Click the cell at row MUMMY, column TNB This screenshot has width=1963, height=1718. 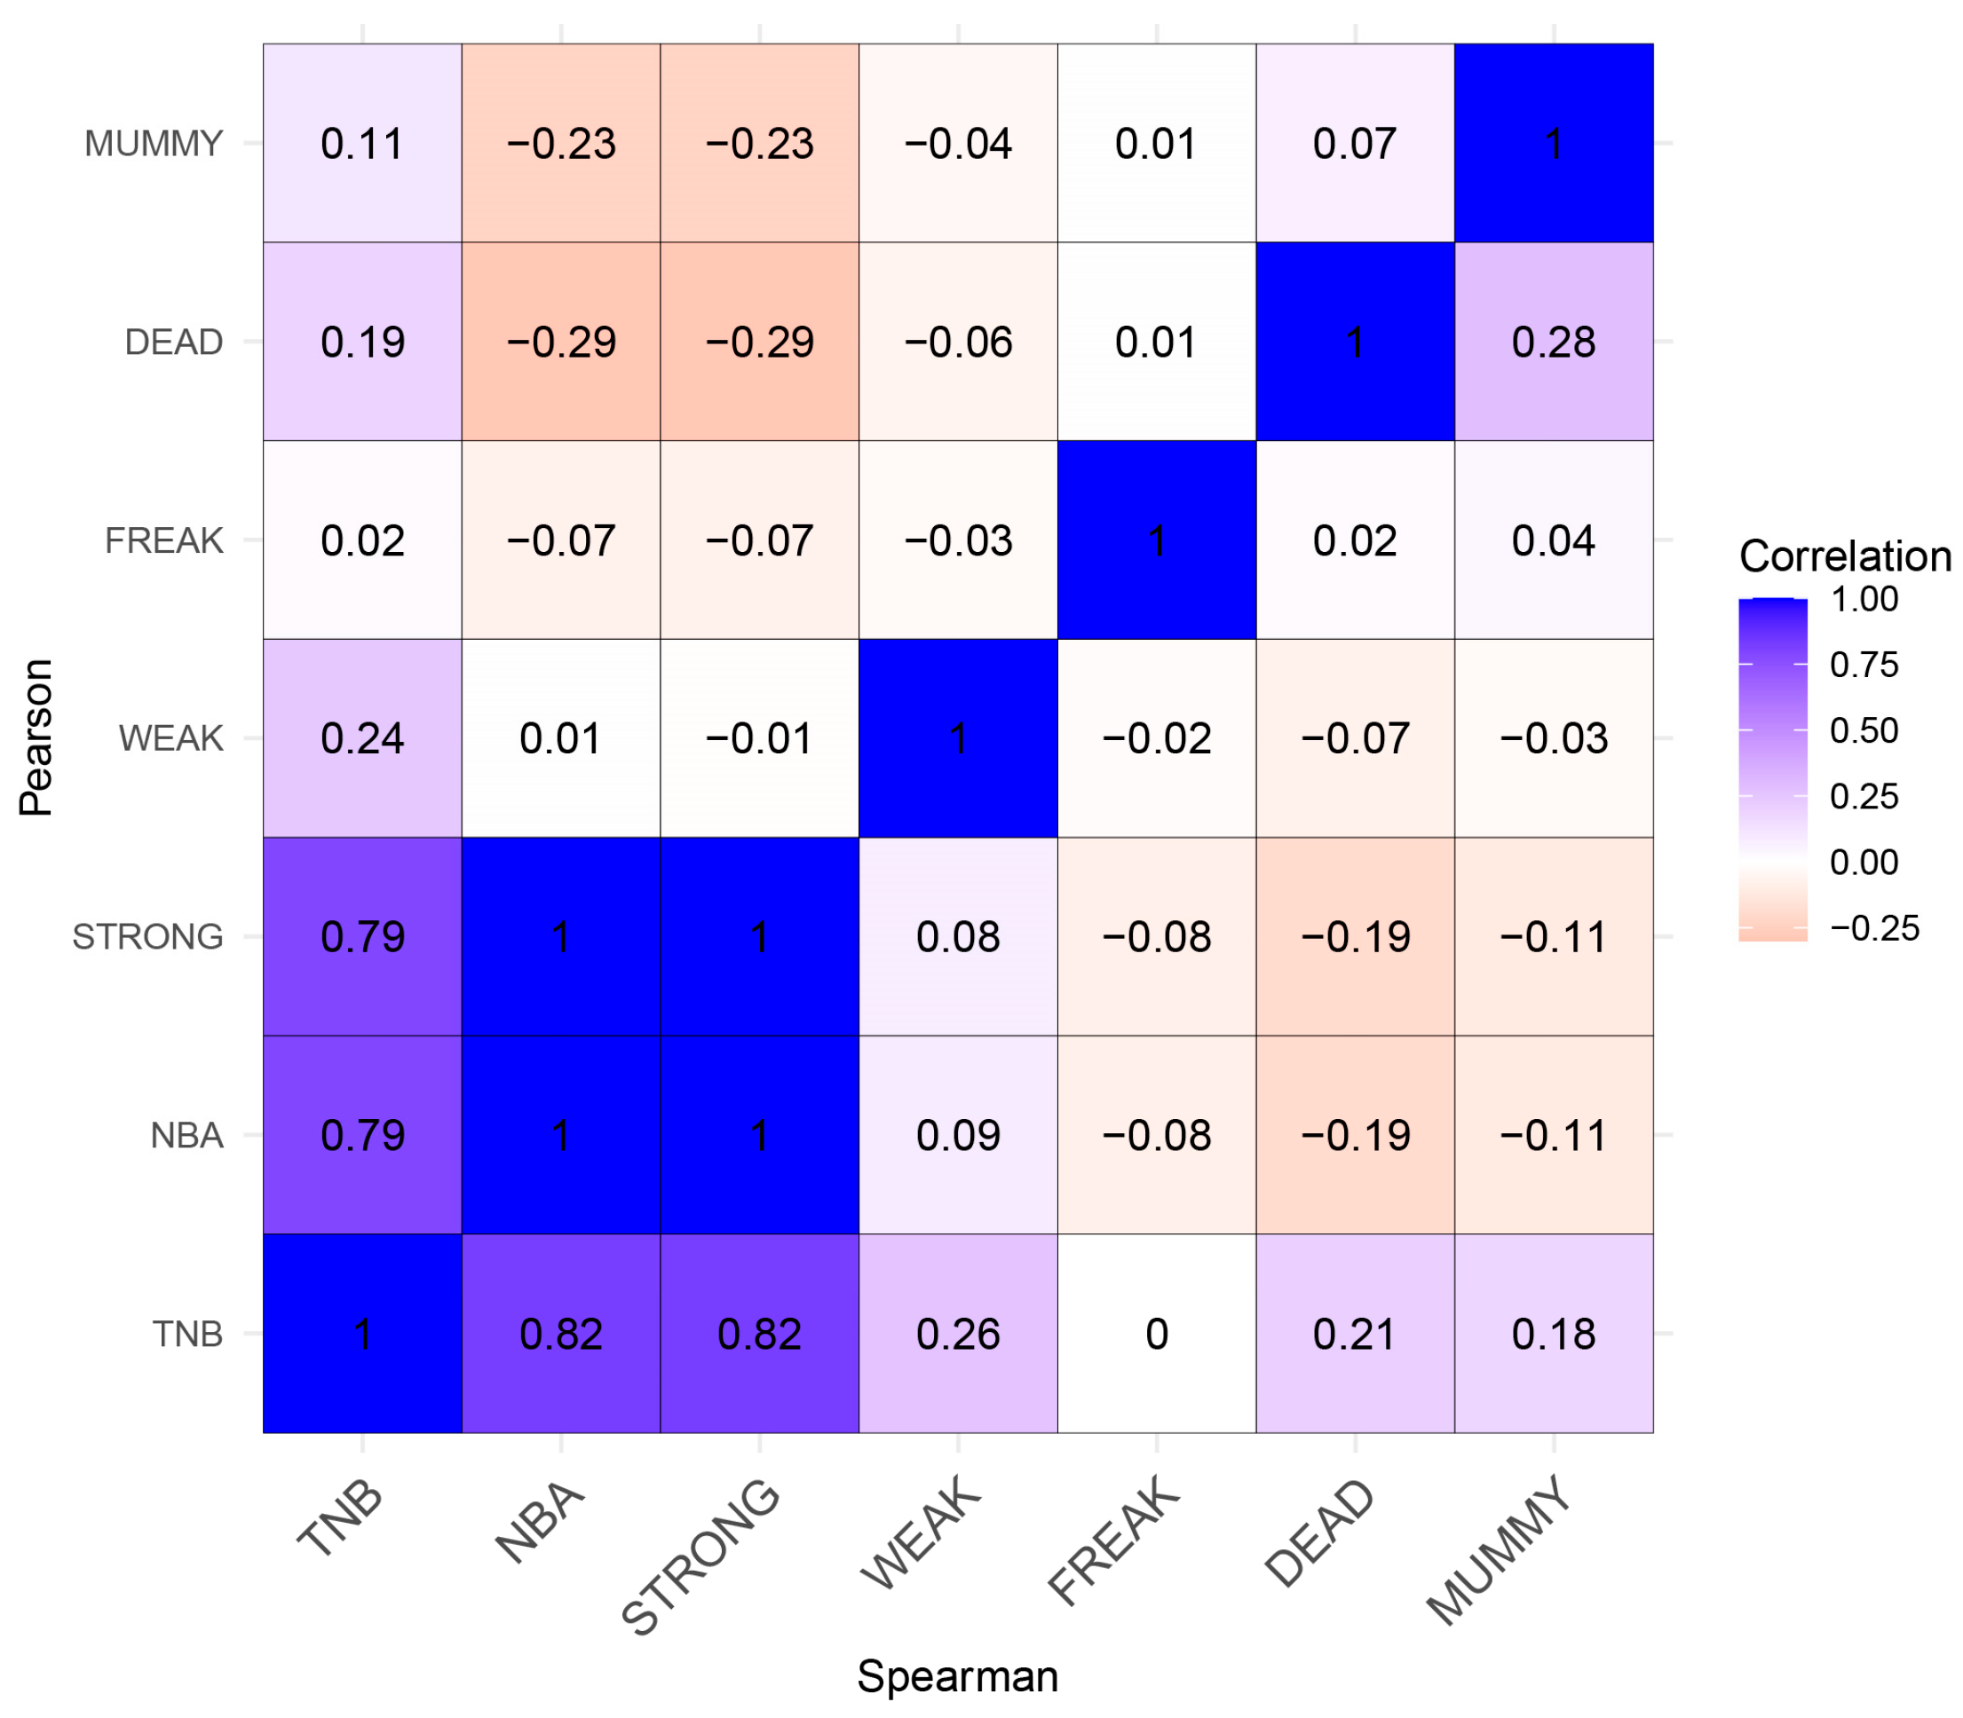pyautogui.click(x=362, y=143)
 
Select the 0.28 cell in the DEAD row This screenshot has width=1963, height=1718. pyautogui.click(x=1553, y=342)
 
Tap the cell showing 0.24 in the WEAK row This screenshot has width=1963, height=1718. pyautogui.click(x=362, y=737)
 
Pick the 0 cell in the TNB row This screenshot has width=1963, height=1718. pyautogui.click(x=1157, y=1333)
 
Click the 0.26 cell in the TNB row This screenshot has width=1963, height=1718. pyautogui.click(x=957, y=1333)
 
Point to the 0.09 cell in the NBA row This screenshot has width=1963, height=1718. pyautogui.click(x=957, y=1134)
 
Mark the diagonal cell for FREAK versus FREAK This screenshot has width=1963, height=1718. pyautogui.click(x=1157, y=540)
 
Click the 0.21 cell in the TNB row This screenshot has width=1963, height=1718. pyautogui.click(x=1354, y=1333)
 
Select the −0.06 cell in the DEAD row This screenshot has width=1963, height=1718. pyautogui.click(x=957, y=342)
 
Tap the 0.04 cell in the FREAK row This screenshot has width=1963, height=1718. pyautogui.click(x=1553, y=540)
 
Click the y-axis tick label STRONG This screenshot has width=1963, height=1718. pyautogui.click(x=147, y=937)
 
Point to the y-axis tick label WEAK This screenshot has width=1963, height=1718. pyautogui.click(x=170, y=738)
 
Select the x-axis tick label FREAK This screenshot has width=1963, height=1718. pyautogui.click(x=1114, y=1541)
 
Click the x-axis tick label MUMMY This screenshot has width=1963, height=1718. pyautogui.click(x=1498, y=1550)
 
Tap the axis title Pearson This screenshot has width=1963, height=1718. pyautogui.click(x=36, y=737)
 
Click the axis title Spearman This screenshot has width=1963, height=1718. pyautogui.click(x=957, y=1675)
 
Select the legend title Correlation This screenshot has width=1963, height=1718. pyautogui.click(x=1844, y=556)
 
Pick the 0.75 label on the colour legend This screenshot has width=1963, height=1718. pyautogui.click(x=1863, y=665)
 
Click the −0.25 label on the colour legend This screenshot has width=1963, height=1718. pyautogui.click(x=1872, y=928)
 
